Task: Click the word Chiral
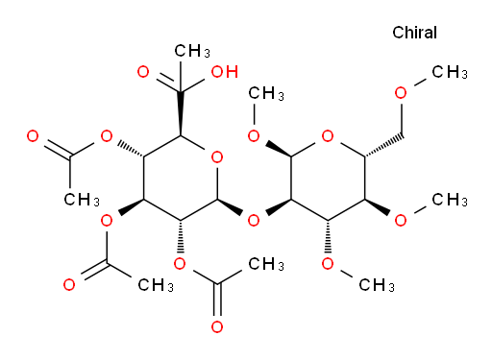tap(414, 33)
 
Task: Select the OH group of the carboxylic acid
tap(225, 72)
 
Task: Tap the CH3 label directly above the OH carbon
tap(192, 51)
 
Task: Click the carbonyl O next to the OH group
tap(143, 72)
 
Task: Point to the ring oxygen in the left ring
tap(217, 157)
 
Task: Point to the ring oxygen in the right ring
tap(328, 136)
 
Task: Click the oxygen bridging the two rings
tap(254, 221)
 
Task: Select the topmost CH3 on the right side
tap(450, 72)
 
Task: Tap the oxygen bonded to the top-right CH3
tap(401, 93)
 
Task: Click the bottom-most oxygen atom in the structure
tap(217, 326)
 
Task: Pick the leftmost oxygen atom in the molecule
tap(33, 136)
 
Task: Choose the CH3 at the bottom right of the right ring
tap(450, 200)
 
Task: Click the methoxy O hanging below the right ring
tap(328, 264)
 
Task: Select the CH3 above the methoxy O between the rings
tap(266, 94)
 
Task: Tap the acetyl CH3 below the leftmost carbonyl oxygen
tap(82, 200)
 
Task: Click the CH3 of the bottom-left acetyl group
tap(156, 285)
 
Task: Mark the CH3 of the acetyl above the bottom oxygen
tap(266, 264)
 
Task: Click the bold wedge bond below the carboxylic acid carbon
tap(180, 113)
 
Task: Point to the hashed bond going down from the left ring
tap(180, 236)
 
